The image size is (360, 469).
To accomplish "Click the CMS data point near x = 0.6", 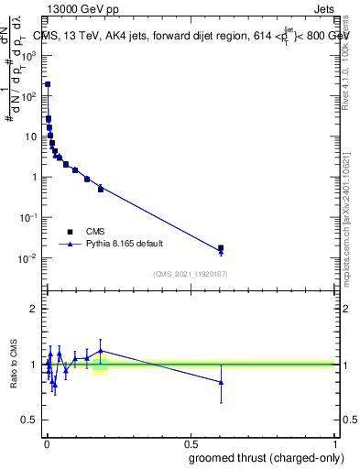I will (221, 248).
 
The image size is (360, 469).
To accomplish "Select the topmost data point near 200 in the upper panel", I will (48, 84).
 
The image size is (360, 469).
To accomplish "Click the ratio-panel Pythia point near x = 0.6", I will (221, 382).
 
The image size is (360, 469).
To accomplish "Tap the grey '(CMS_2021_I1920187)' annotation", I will (191, 274).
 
